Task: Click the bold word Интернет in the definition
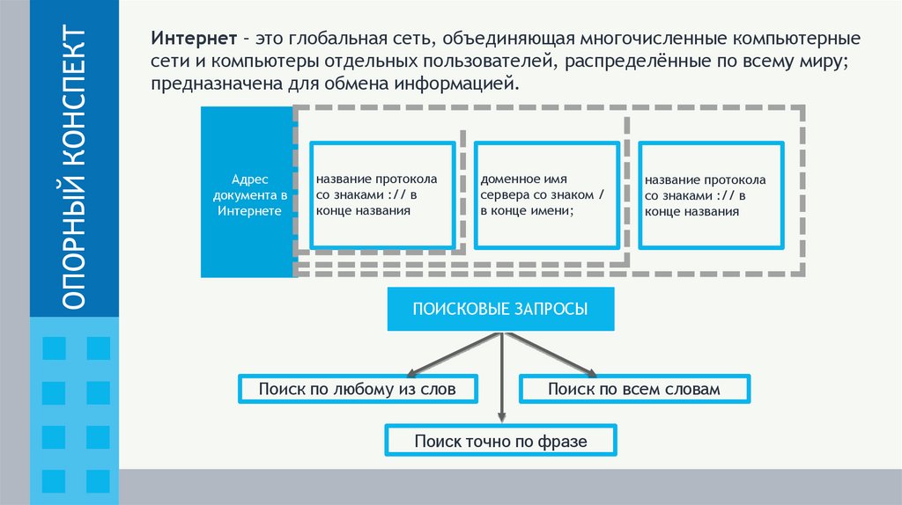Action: [193, 41]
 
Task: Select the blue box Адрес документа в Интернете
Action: [247, 193]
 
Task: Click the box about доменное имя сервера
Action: [546, 194]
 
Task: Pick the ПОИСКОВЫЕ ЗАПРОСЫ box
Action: [500, 309]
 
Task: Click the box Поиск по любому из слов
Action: [358, 389]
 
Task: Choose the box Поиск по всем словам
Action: [634, 389]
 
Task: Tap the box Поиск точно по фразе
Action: [500, 440]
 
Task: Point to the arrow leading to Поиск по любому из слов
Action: [449, 354]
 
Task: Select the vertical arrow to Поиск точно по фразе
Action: [501, 378]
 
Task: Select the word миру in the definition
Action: [836, 63]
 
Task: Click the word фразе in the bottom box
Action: [562, 441]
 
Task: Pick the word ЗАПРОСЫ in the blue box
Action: [553, 309]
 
